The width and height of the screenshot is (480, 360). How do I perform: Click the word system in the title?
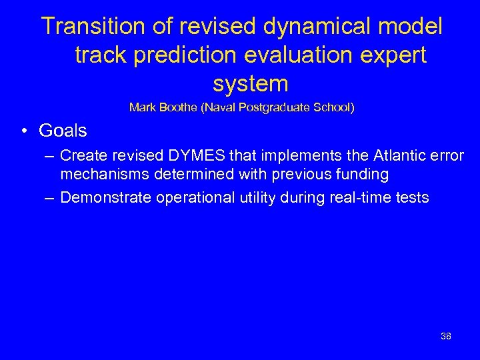251,85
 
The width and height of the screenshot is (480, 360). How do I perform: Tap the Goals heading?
63,130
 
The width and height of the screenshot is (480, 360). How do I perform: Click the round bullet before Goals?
23,131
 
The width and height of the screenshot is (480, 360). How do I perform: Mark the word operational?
188,197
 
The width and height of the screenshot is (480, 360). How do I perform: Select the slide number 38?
446,336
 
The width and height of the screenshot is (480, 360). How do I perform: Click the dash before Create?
50,156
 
